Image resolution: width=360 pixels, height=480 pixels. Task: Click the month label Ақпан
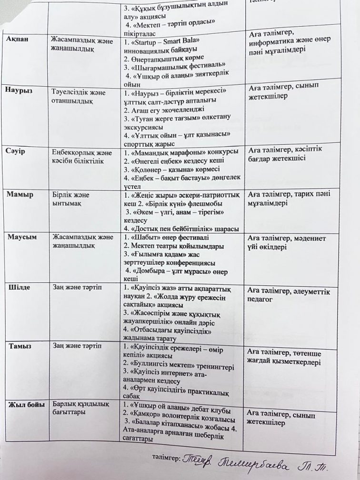click(x=17, y=39)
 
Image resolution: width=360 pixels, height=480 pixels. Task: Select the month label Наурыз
click(x=20, y=91)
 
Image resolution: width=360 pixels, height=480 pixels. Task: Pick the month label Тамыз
click(x=20, y=346)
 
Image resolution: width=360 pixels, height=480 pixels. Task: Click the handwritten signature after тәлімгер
click(x=267, y=461)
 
